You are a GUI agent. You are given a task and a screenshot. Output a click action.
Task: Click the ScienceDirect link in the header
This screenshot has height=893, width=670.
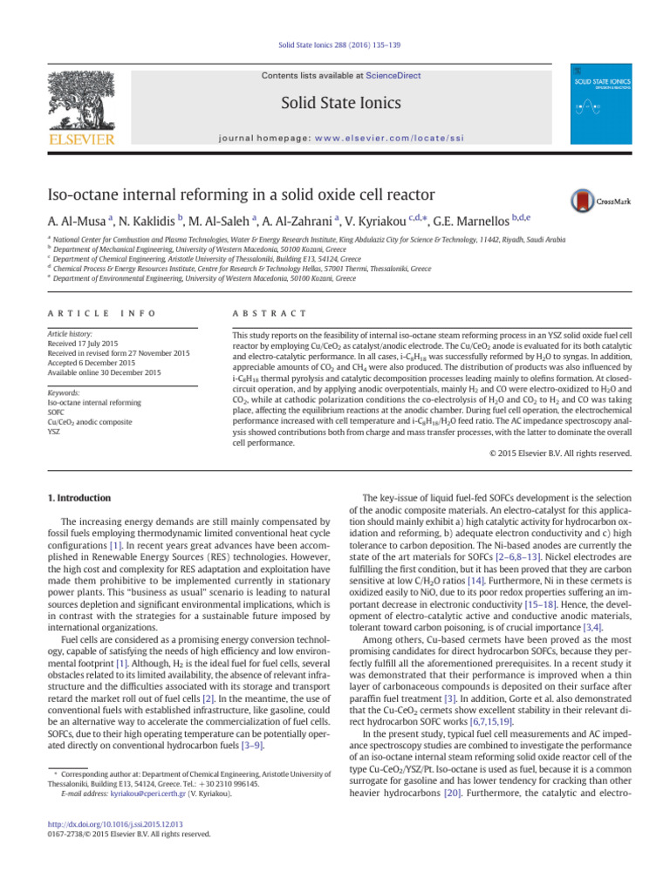coord(393,76)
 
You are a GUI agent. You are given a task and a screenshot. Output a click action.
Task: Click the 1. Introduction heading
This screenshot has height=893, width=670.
coord(78,498)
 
